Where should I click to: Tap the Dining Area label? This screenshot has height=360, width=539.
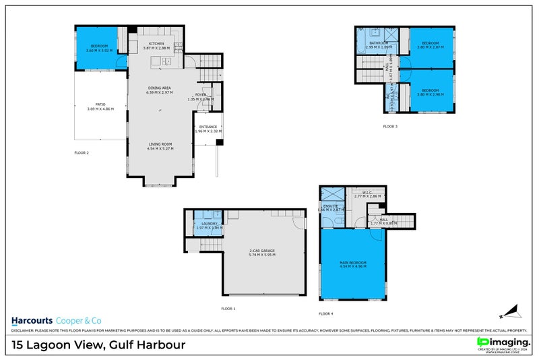160,88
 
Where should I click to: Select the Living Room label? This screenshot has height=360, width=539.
160,144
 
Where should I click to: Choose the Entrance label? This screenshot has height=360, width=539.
208,127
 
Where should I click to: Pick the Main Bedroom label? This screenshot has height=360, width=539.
353,264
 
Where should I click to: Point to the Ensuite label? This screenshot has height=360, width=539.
330,206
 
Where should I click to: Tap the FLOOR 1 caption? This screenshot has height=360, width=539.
228,308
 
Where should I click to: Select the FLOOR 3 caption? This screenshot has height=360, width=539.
390,126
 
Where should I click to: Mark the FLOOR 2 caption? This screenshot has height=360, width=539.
82,153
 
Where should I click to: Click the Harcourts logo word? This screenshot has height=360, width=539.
34,321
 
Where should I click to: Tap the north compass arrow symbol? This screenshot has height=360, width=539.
509,312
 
